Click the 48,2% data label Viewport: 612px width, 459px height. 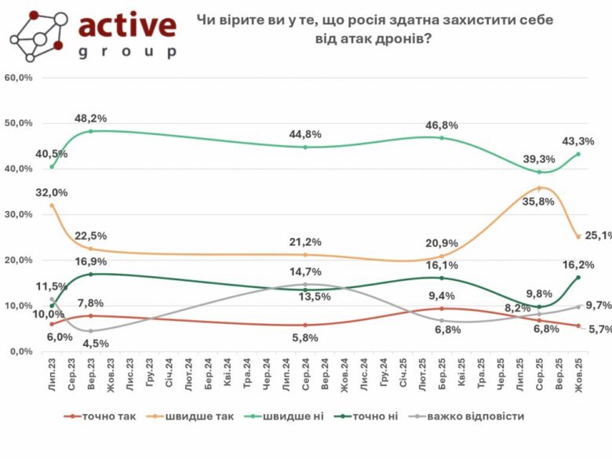click(x=91, y=118)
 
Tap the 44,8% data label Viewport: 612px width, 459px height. click(x=306, y=133)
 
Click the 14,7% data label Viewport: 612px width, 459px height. click(x=306, y=271)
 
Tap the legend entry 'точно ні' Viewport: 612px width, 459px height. click(x=381, y=416)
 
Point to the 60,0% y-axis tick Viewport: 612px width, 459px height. click(x=18, y=78)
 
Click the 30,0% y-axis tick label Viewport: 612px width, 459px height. click(x=18, y=214)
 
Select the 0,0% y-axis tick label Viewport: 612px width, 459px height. click(x=20, y=352)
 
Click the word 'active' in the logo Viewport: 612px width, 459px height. click(x=127, y=25)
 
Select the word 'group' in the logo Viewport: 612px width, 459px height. click(x=127, y=51)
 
